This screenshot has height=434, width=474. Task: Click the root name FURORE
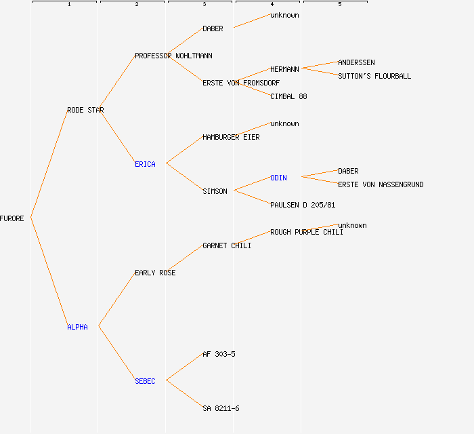point(12,218)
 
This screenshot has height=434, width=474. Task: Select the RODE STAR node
point(85,110)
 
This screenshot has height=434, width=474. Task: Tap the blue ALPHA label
point(77,327)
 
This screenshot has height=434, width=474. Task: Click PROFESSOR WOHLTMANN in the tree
point(173,56)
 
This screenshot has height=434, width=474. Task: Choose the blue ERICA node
point(145,164)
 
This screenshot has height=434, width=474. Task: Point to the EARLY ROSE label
point(155,273)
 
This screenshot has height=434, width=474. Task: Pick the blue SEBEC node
point(145,381)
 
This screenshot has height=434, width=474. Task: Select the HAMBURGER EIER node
point(231,137)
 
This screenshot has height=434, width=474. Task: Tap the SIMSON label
point(215,191)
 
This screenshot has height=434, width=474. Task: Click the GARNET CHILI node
point(227,245)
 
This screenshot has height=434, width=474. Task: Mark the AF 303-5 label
point(219,354)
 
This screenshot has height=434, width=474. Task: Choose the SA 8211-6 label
point(221,408)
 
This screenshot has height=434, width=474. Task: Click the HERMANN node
point(284,69)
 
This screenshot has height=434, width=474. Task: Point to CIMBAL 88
point(288,96)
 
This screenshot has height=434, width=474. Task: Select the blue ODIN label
point(278,178)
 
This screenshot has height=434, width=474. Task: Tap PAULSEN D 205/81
point(303,205)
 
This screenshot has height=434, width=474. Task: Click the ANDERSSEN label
point(356,62)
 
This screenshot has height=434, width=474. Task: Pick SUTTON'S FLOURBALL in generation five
point(374,76)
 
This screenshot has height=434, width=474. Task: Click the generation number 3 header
point(204,5)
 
